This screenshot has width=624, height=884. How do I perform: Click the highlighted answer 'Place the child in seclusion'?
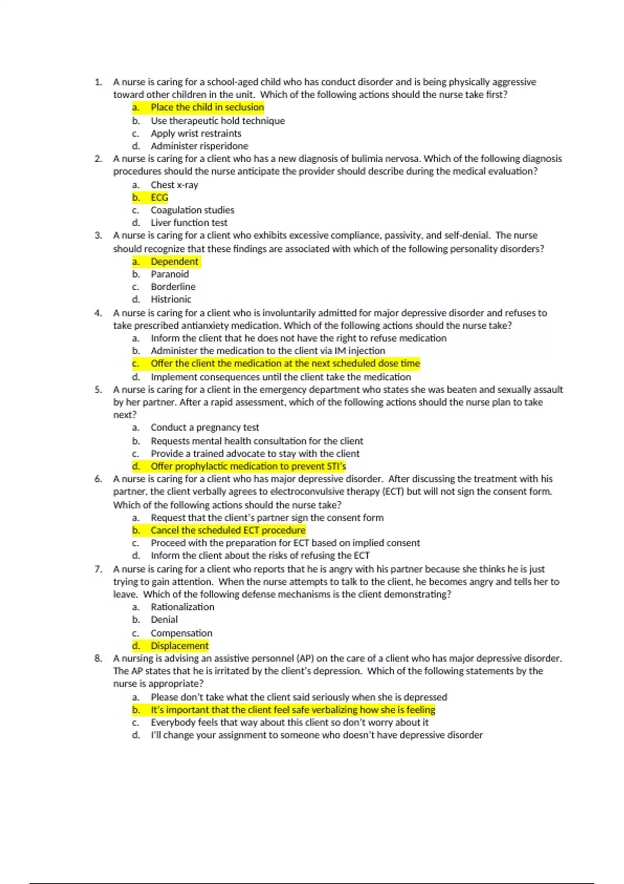click(207, 108)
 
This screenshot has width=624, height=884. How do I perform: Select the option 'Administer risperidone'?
click(199, 146)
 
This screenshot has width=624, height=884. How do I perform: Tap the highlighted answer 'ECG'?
click(159, 198)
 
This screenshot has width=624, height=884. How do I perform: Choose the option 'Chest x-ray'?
click(174, 185)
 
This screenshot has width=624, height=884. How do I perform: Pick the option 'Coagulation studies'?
click(192, 210)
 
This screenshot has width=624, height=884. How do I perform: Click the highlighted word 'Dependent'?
click(174, 262)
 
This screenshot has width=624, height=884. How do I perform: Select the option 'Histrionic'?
click(171, 300)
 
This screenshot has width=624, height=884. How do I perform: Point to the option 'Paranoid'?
click(170, 274)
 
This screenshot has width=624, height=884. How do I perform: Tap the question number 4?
click(98, 313)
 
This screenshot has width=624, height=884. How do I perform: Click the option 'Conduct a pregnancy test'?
click(204, 427)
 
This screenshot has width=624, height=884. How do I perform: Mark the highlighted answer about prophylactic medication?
click(248, 466)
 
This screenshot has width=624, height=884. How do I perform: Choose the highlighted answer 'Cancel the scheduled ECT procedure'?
click(228, 530)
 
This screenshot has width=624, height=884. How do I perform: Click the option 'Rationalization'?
click(182, 607)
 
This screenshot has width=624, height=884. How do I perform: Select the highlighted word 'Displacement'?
click(179, 646)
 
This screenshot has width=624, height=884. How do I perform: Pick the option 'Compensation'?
click(181, 633)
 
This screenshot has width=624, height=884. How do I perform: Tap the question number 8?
click(98, 658)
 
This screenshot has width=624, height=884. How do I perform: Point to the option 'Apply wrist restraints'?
click(196, 134)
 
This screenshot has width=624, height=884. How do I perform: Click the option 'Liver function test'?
click(189, 223)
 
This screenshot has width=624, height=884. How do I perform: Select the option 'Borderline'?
click(173, 287)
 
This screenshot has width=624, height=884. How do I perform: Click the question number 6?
click(98, 479)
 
